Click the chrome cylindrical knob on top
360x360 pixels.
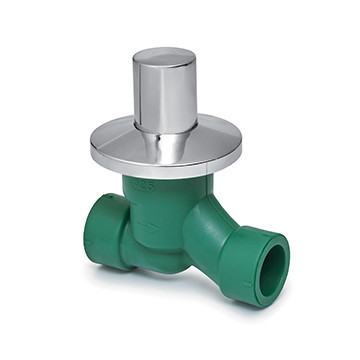coord(165,90)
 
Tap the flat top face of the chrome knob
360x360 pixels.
coord(165,55)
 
